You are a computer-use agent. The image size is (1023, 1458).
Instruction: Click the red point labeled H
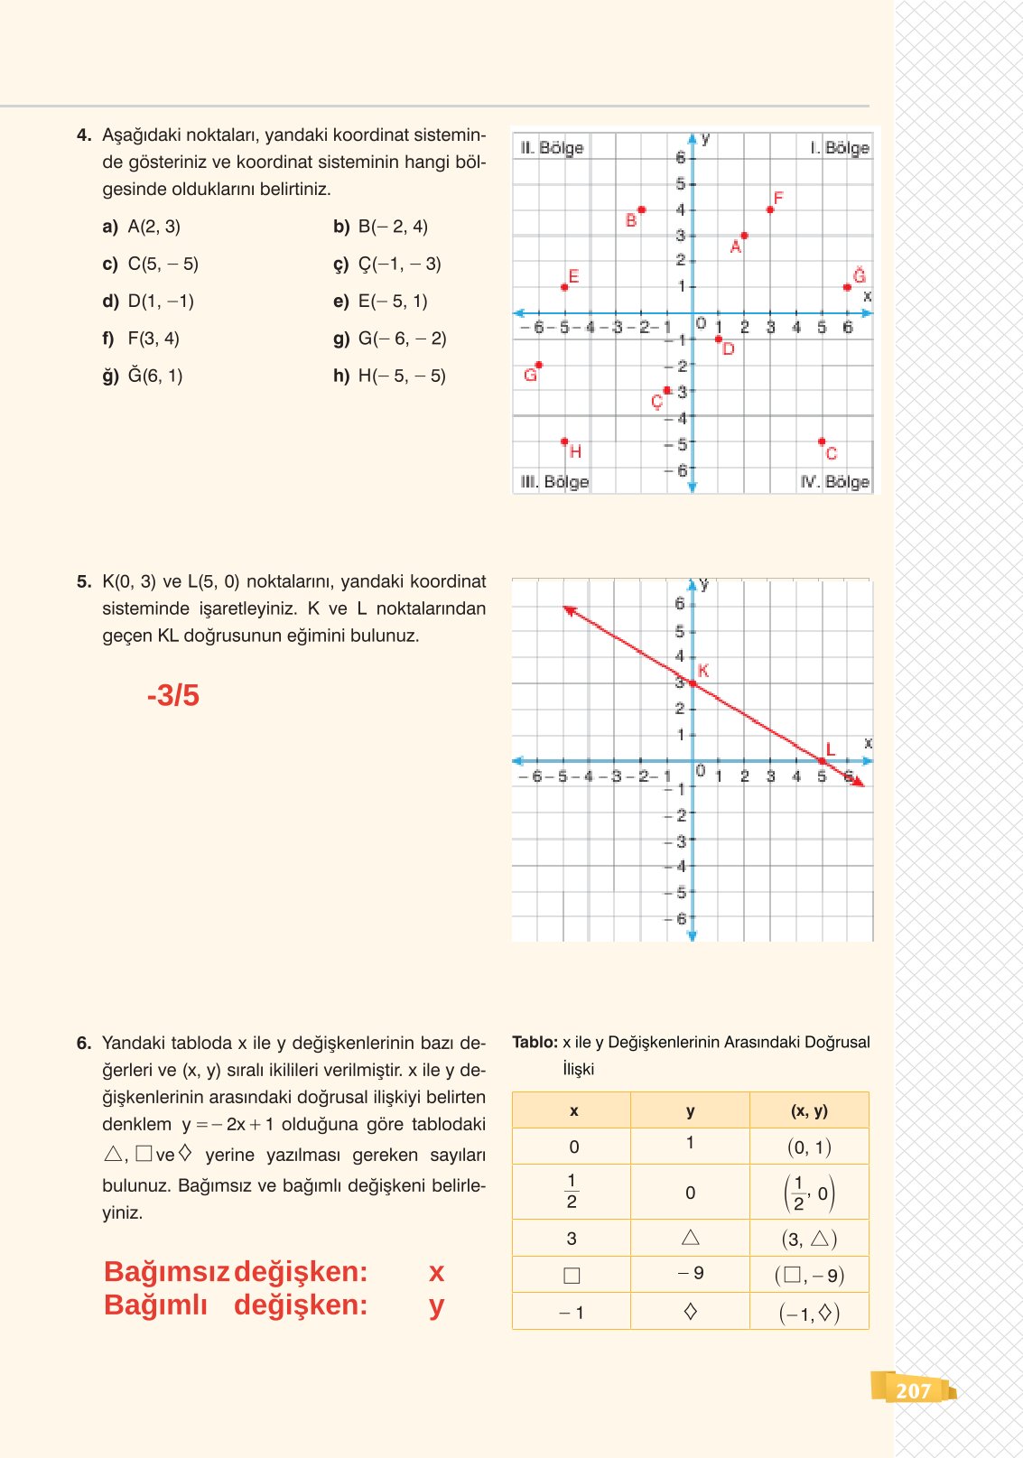(565, 441)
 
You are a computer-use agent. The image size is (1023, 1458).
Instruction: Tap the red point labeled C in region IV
(822, 441)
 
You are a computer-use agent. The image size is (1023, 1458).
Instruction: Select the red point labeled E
(565, 287)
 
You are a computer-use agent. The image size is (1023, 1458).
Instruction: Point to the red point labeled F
(770, 209)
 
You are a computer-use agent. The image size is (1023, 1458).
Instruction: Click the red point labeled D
(719, 339)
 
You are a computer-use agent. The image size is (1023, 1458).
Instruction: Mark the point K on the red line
(693, 683)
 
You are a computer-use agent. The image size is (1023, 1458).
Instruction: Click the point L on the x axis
(822, 761)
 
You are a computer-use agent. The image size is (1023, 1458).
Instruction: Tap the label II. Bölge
(552, 147)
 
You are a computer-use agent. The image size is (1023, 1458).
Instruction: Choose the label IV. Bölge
(835, 482)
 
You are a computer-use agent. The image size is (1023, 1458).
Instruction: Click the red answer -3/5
(172, 695)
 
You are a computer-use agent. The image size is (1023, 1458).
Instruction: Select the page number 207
(913, 1390)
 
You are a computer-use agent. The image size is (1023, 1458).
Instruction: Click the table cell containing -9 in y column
(691, 1274)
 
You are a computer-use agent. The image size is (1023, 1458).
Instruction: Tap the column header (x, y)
(809, 1110)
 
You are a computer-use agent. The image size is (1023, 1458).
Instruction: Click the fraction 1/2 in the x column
(572, 1192)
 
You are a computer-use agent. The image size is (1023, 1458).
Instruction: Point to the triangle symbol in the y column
(691, 1238)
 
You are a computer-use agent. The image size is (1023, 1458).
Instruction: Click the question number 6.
(84, 1043)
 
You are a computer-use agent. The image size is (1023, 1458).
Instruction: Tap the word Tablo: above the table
(535, 1042)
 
